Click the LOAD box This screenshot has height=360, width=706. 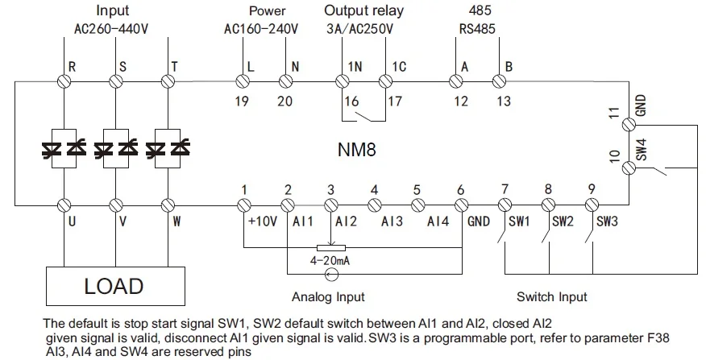point(115,286)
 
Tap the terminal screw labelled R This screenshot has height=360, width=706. point(64,81)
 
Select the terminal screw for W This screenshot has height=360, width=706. point(168,205)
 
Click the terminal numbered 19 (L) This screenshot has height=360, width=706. point(243,81)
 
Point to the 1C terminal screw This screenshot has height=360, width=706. point(385,81)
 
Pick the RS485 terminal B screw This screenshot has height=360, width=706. point(499,81)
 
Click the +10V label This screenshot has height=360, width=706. point(263,221)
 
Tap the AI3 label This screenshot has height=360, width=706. point(392,221)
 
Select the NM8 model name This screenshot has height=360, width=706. point(356,150)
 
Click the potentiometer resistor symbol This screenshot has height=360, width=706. point(331,247)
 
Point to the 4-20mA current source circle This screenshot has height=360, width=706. point(331,274)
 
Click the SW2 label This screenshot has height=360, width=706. point(563,221)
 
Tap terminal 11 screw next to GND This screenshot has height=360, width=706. point(629,124)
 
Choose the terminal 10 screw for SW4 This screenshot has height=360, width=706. point(629,168)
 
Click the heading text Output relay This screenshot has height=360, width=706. point(363,10)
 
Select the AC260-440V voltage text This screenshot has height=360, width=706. point(111,29)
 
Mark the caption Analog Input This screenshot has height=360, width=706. point(328,296)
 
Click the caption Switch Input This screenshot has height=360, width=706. point(552,296)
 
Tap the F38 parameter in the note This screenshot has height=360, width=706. point(657,337)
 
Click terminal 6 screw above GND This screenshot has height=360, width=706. point(462,205)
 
